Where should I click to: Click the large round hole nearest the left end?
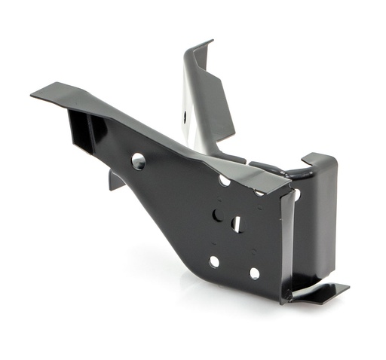[x=138, y=160]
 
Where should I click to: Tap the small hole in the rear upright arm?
[x=185, y=117]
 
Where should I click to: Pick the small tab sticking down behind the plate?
[x=115, y=179]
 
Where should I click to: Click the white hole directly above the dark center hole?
[x=225, y=180]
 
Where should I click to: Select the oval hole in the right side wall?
[x=296, y=194]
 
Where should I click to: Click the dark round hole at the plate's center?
[x=218, y=215]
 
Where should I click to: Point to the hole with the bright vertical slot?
[x=236, y=224]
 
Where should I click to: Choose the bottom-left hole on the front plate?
[x=214, y=261]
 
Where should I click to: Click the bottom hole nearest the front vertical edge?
[x=254, y=273]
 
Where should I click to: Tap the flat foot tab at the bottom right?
[x=320, y=292]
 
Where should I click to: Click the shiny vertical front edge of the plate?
[x=286, y=241]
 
